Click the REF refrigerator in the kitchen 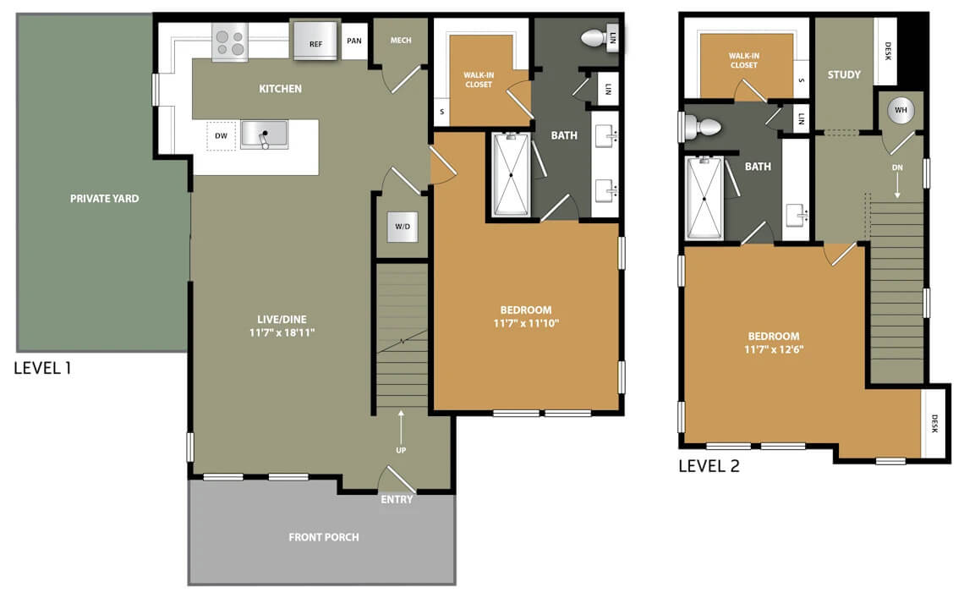tap(315, 41)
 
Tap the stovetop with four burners tap(230, 42)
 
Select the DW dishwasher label tap(221, 136)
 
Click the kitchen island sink tap(264, 134)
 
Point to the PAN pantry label tap(354, 41)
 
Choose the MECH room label tap(401, 40)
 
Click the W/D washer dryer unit tap(403, 227)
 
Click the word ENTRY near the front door tap(397, 500)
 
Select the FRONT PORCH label tap(323, 537)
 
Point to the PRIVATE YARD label tap(105, 199)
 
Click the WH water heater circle tap(901, 110)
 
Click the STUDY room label tap(844, 74)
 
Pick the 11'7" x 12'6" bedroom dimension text tap(774, 349)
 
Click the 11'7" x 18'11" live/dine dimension tap(282, 333)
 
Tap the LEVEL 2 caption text tap(709, 466)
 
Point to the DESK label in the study tap(888, 51)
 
